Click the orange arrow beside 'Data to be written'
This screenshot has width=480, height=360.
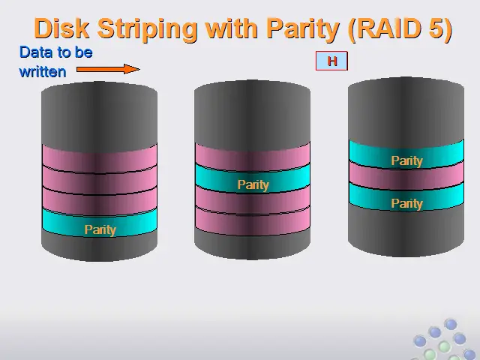coord(108,69)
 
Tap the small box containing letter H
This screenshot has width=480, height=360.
coord(331,61)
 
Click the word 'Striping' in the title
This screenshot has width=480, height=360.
coord(147,29)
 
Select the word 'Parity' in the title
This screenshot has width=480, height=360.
coord(303,29)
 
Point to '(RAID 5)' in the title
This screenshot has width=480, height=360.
coord(400,29)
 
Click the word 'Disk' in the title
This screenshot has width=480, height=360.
coord(61,28)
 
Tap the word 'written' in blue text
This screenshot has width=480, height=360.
coord(43,72)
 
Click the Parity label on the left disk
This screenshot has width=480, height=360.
coord(100,229)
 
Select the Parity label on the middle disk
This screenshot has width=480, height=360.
coord(253,184)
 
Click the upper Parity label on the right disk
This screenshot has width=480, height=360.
coord(406,160)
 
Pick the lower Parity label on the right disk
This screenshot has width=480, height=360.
coord(406,203)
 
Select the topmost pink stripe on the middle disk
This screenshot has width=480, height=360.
coord(253,157)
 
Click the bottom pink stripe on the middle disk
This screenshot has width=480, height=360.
coord(253,222)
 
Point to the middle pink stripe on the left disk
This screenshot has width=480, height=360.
coord(100,180)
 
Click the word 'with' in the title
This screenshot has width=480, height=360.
coord(231,28)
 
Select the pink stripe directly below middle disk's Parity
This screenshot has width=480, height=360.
coord(253,200)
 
